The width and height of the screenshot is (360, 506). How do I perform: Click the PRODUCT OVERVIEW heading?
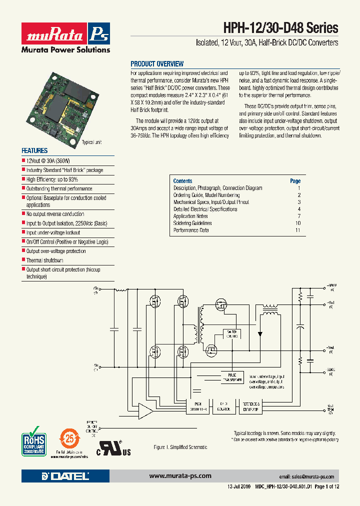(157, 64)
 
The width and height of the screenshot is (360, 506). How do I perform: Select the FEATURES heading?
(34, 150)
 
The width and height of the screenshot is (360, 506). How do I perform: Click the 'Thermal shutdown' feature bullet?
(44, 260)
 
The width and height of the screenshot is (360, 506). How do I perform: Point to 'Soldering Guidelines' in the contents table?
(192, 223)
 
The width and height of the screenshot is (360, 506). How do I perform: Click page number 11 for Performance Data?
(297, 230)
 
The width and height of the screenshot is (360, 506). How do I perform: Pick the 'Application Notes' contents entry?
(190, 216)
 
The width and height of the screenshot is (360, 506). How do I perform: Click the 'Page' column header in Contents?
(295, 181)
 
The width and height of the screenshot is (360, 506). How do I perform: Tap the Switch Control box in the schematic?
(232, 333)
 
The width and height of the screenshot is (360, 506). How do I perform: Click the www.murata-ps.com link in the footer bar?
(180, 475)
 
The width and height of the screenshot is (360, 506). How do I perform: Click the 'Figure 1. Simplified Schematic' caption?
(179, 447)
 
